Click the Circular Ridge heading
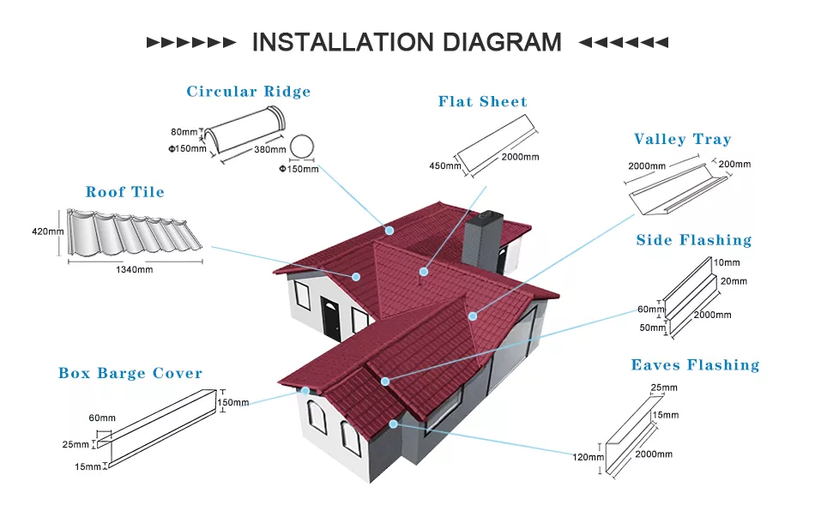[249, 92]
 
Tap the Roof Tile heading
[124, 192]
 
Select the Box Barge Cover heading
[130, 373]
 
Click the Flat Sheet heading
[482, 101]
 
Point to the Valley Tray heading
[682, 139]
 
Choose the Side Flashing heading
[693, 240]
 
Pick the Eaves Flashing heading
[695, 365]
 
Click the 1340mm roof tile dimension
[134, 269]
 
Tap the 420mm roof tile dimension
[47, 231]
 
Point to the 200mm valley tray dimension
[734, 164]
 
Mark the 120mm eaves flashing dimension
[588, 457]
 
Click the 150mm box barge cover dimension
[233, 402]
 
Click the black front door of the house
[331, 317]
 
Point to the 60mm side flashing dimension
[645, 310]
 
